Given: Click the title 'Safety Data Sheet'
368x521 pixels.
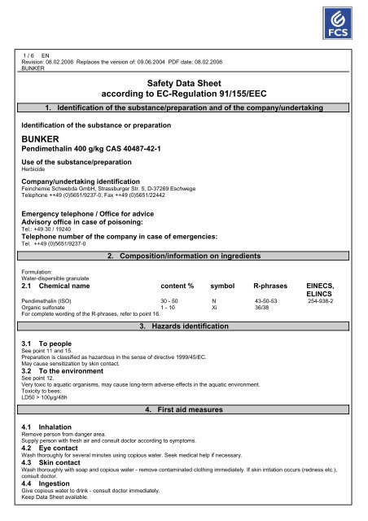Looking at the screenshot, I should (184, 83).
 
